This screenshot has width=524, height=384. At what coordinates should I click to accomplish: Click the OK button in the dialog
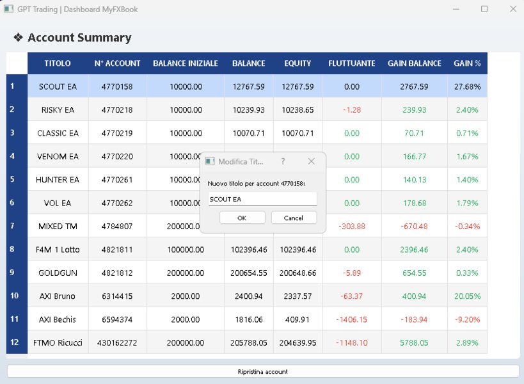click(242, 218)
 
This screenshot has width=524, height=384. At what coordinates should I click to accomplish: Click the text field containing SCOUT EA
click(262, 199)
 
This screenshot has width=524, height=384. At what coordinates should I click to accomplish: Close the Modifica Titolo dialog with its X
click(311, 162)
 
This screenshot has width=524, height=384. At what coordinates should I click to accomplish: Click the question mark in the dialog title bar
click(283, 162)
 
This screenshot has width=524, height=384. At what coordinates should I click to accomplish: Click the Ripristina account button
click(262, 371)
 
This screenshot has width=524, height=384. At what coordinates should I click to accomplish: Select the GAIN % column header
click(467, 63)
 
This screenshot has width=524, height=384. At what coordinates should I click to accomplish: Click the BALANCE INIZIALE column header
click(186, 63)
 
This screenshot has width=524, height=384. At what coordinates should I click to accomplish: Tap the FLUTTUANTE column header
click(352, 63)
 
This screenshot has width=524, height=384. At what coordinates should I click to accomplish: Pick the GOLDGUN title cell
click(58, 273)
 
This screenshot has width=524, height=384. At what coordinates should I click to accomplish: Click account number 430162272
click(117, 342)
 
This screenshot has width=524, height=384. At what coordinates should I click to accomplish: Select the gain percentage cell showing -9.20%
click(467, 319)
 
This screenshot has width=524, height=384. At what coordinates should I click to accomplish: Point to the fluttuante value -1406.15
click(352, 319)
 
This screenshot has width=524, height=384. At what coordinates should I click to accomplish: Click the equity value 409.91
click(298, 319)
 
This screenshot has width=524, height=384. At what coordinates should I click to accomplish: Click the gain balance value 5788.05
click(414, 342)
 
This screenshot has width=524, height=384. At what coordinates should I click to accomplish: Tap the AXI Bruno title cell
click(58, 296)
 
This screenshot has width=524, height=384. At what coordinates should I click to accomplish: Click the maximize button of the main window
click(484, 9)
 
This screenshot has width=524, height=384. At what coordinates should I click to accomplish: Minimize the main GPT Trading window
click(456, 9)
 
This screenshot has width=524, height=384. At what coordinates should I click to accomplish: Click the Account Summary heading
click(79, 38)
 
